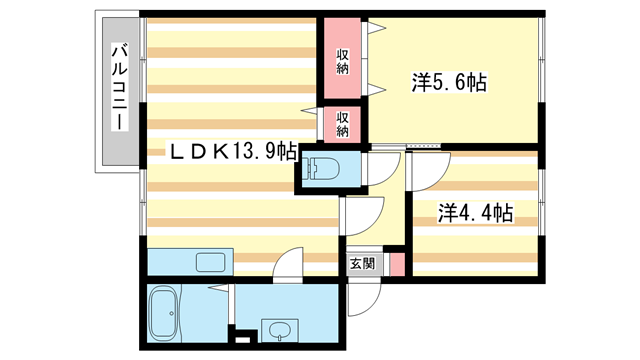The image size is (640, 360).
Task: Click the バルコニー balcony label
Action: [x=118, y=87]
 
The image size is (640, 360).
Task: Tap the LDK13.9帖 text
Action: [x=231, y=152]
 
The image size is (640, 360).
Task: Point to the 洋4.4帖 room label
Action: [x=476, y=213]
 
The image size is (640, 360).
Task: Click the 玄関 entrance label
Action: [x=363, y=265]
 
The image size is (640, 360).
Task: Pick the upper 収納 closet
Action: [x=342, y=60]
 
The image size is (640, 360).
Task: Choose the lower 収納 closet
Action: [x=342, y=124]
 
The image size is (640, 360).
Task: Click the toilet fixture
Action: [x=319, y=169]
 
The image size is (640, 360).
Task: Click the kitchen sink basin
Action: [x=211, y=263]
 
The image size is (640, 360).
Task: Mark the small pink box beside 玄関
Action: [x=396, y=265]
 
